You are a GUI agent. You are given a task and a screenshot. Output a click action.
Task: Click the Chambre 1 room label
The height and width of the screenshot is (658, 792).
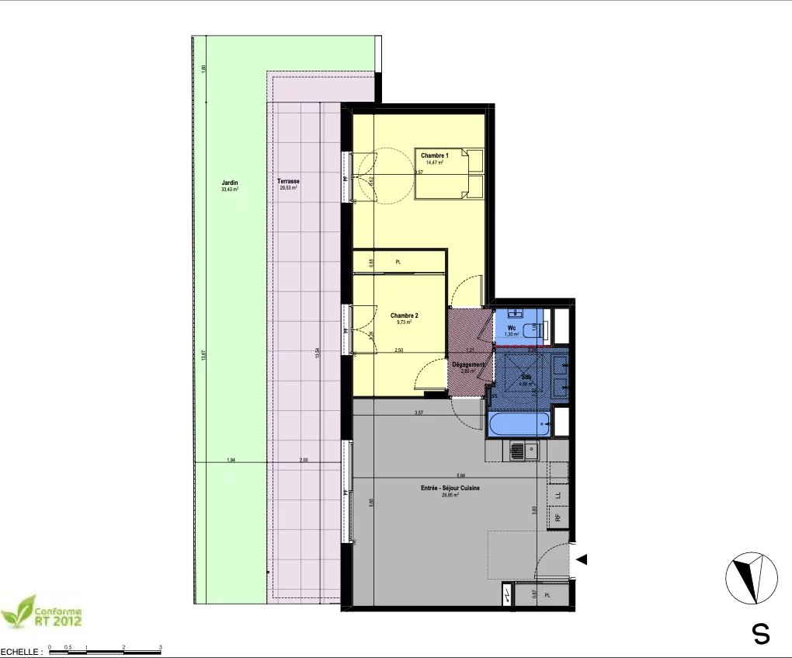coord(435,156)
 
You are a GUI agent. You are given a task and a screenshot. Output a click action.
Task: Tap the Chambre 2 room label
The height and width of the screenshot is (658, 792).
coord(405,315)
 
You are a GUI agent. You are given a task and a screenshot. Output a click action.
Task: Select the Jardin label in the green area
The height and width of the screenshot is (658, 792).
coord(229,183)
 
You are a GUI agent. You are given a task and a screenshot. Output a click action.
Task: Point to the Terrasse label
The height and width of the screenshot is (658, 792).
coord(289,183)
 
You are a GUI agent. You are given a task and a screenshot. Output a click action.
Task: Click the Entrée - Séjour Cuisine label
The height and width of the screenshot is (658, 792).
coord(450,488)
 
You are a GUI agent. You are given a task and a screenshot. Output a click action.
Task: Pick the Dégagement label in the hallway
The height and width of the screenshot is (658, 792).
coord(467,365)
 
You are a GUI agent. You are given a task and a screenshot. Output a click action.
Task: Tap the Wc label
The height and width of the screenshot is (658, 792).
coord(512,329)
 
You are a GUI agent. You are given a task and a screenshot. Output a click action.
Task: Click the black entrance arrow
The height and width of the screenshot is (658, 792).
coord(582,559)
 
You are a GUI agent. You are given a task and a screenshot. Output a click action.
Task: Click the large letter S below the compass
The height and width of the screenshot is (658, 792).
coord(762,634)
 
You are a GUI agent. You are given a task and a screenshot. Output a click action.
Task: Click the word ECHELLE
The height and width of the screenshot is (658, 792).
coord(18,653)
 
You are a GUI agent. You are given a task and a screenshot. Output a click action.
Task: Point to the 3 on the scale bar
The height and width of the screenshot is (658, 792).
coord(160,646)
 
